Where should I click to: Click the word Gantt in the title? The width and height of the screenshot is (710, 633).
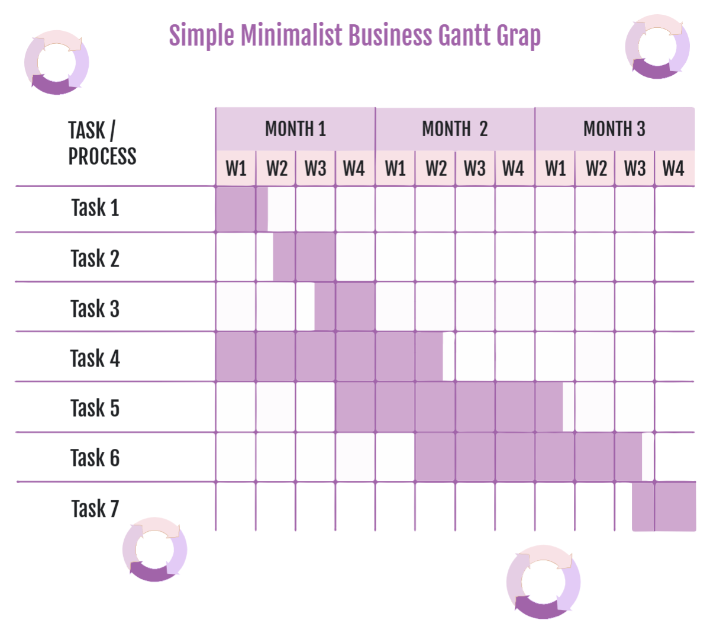(464, 36)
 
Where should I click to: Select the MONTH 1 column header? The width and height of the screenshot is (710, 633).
(295, 128)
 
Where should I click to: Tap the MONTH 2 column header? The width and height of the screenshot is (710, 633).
(454, 128)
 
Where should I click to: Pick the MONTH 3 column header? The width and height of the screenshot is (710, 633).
(614, 128)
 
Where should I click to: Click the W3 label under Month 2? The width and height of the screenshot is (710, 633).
(475, 169)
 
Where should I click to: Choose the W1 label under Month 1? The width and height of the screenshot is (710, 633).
(235, 169)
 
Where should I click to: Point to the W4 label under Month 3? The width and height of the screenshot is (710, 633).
(673, 169)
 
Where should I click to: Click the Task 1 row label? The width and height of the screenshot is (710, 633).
(95, 208)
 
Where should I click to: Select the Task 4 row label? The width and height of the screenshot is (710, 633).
(95, 358)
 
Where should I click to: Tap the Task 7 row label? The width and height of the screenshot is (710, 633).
(95, 509)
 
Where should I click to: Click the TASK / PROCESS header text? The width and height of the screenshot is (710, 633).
(102, 143)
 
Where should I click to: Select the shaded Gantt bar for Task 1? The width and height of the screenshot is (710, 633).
(241, 209)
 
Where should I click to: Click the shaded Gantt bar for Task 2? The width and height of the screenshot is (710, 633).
(304, 257)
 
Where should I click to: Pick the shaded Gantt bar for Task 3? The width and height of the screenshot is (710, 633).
(344, 307)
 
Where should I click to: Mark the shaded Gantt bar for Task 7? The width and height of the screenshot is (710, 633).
(664, 507)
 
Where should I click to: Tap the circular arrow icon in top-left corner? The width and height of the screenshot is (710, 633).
(57, 63)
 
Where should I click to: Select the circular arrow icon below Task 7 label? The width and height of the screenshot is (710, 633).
(154, 550)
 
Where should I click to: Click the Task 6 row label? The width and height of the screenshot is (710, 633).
(95, 458)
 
